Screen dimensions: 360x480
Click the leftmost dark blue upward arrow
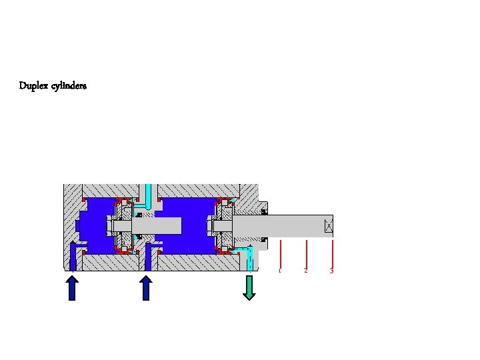[73, 288]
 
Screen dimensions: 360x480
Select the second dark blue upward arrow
[146, 288]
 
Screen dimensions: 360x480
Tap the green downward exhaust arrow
[249, 287]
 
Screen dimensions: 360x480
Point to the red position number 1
[280, 271]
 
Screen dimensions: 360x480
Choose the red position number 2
[306, 271]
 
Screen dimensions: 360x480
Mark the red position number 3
[331, 271]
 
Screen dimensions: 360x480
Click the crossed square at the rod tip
[328, 227]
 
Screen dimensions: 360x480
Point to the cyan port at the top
[149, 193]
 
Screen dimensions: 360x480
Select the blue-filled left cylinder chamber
[93, 227]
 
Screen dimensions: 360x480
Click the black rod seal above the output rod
[265, 212]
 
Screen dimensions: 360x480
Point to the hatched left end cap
[70, 220]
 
